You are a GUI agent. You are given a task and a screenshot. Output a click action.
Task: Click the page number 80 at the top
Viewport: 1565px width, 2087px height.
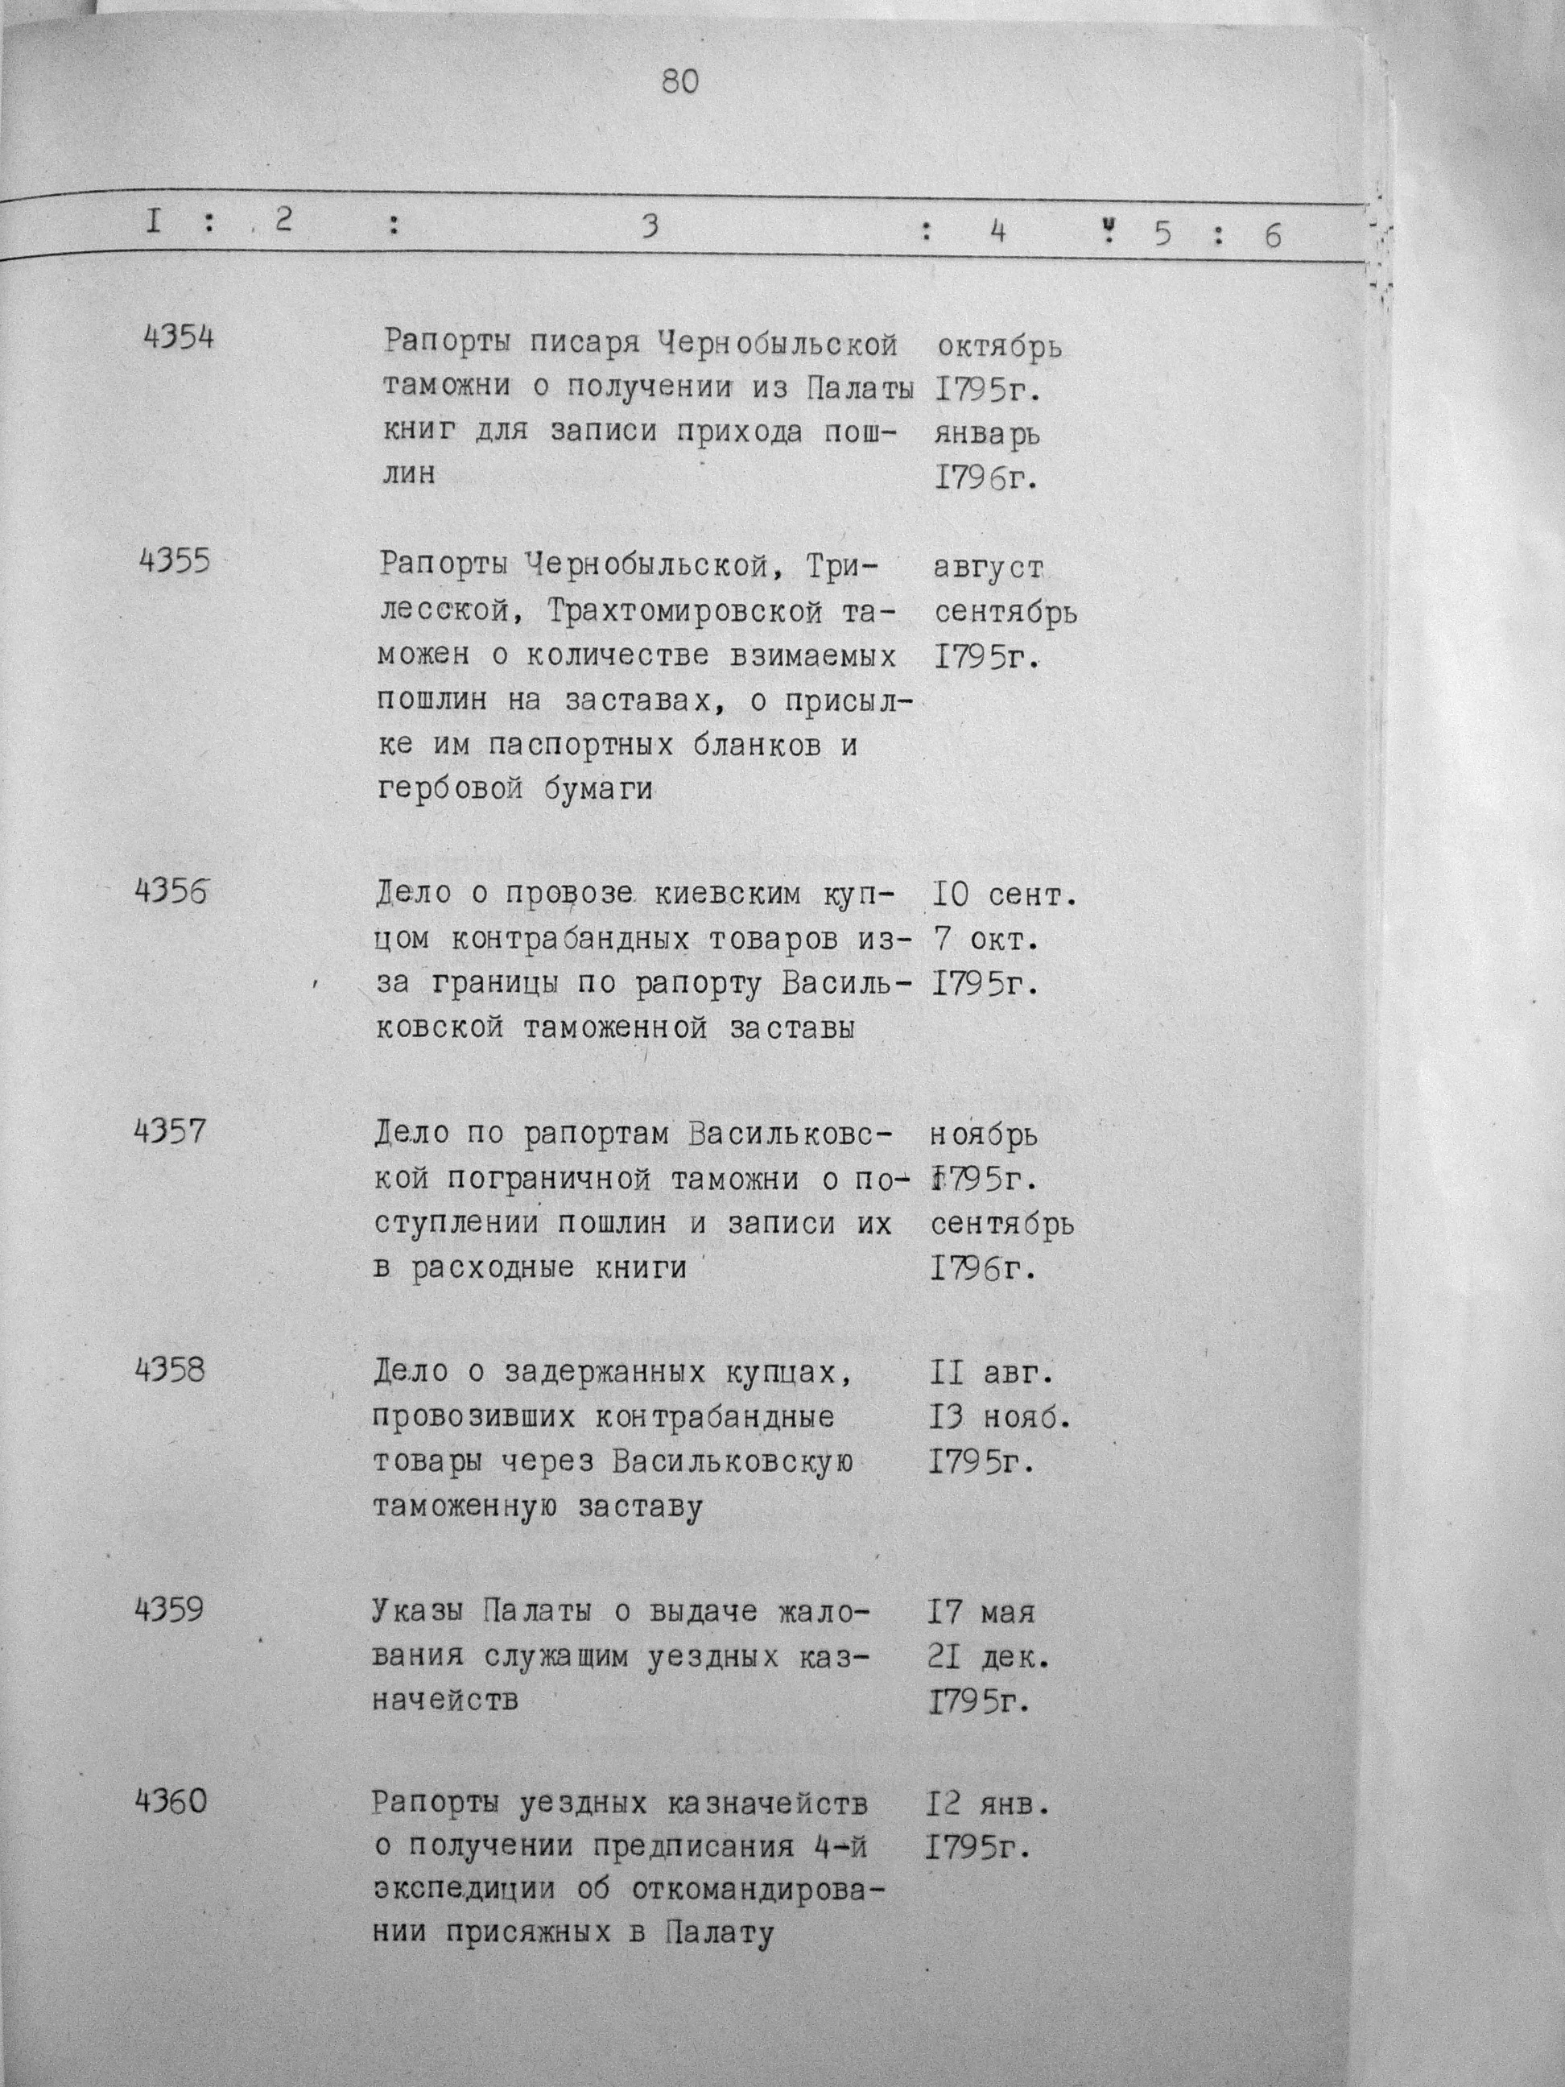(680, 83)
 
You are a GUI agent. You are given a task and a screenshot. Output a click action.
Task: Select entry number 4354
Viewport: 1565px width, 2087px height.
(177, 337)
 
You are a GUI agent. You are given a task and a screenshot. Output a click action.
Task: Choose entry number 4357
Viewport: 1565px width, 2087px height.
(170, 1130)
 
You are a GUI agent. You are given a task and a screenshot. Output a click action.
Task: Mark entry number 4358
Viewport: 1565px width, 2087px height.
(170, 1369)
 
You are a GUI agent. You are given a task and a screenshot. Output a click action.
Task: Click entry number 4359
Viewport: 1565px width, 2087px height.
(170, 1608)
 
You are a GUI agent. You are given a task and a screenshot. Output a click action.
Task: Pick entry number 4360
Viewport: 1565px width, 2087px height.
(170, 1802)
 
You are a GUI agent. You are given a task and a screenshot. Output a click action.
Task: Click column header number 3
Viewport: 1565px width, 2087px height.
(649, 226)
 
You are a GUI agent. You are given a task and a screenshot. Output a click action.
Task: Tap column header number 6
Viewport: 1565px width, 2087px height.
(1273, 235)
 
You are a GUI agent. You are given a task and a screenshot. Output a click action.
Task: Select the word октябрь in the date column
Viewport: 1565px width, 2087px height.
(1000, 346)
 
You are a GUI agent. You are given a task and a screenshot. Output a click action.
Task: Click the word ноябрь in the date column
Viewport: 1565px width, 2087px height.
(985, 1135)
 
